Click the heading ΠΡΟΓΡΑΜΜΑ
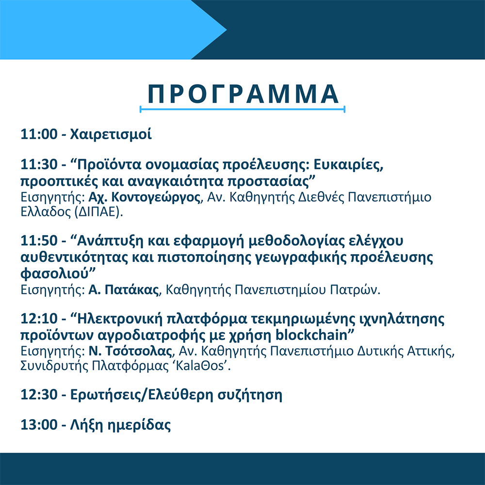(x=243, y=94)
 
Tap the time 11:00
(x=39, y=134)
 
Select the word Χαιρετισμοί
(x=111, y=135)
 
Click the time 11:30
(x=39, y=164)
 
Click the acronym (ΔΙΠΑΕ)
(x=98, y=212)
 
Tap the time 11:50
(x=39, y=241)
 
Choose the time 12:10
(x=39, y=319)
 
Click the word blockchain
(x=311, y=335)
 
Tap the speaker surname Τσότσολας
(x=139, y=351)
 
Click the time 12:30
(x=39, y=395)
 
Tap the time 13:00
(x=39, y=425)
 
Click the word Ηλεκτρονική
(x=119, y=319)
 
